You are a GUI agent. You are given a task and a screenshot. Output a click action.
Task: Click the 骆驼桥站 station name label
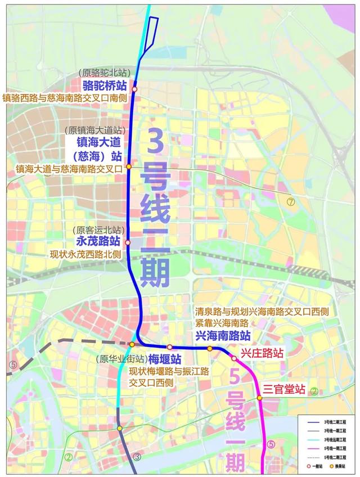coord(103,85)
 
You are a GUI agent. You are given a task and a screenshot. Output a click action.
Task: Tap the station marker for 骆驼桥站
coord(134,89)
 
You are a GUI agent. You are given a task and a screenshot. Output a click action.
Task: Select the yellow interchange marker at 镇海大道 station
coord(129,166)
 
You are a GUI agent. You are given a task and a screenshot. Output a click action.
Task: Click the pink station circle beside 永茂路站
coord(128,242)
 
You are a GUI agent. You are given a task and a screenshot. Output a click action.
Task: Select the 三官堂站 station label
coord(284,389)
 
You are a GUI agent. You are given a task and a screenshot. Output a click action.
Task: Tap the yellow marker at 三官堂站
coord(260,398)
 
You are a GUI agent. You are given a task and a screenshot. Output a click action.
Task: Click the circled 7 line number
coord(290,202)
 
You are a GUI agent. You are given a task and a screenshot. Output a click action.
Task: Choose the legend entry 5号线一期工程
coord(335,448)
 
